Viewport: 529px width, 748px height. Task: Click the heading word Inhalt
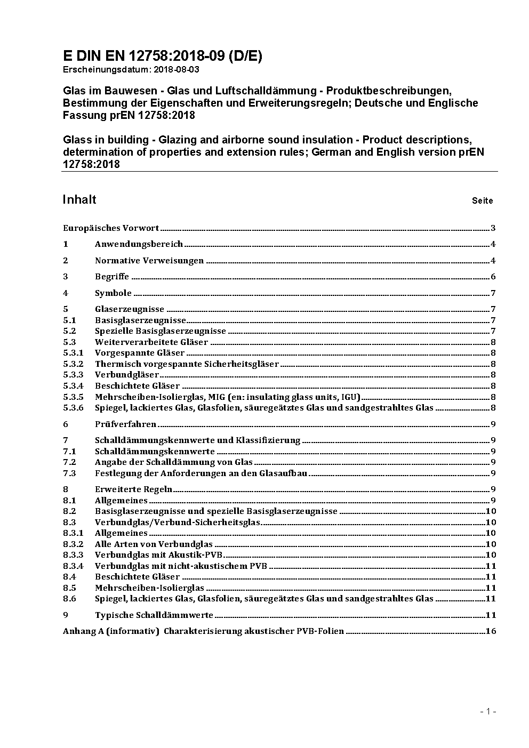79,199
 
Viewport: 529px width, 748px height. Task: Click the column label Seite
482,201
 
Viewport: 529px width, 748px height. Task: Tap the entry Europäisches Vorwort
111,228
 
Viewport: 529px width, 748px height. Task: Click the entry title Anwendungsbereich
139,244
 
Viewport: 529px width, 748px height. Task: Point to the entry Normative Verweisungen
149,261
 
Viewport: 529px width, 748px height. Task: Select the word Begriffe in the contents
112,277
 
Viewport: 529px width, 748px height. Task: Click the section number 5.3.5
73,397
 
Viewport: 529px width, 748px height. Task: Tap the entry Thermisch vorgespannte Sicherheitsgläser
187,364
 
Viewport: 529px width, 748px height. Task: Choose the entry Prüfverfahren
125,424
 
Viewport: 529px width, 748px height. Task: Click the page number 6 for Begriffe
493,277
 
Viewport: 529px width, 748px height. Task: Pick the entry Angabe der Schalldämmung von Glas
174,462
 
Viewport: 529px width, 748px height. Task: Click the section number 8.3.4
73,566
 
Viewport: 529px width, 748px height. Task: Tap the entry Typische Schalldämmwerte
154,615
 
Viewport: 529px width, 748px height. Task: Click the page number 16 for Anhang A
491,631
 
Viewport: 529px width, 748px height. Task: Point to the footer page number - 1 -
488,711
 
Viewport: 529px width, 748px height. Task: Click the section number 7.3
69,473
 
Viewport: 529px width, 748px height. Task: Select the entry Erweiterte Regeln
133,489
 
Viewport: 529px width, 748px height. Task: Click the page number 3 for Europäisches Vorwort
493,228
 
